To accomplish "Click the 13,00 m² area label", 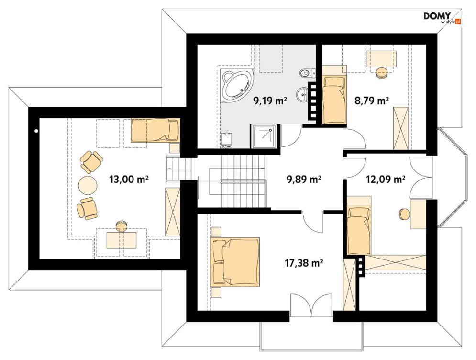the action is click(x=129, y=179).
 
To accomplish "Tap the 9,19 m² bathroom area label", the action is click(x=270, y=101).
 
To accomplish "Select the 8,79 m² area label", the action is click(x=372, y=100).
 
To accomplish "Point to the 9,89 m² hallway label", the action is click(x=304, y=180).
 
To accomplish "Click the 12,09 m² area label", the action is click(x=386, y=180).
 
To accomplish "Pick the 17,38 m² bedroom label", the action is click(x=304, y=262).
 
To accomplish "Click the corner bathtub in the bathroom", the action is click(x=236, y=84).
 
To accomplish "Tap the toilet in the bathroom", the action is click(x=307, y=73).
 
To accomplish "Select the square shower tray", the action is click(x=264, y=136).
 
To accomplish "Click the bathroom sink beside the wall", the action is click(x=302, y=94).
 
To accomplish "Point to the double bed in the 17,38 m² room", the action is click(x=235, y=262).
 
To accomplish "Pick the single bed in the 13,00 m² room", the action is click(x=155, y=130).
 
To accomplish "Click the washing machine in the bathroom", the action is click(x=227, y=140).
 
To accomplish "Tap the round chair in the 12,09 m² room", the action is click(x=404, y=214).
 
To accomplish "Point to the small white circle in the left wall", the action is click(x=36, y=131).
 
